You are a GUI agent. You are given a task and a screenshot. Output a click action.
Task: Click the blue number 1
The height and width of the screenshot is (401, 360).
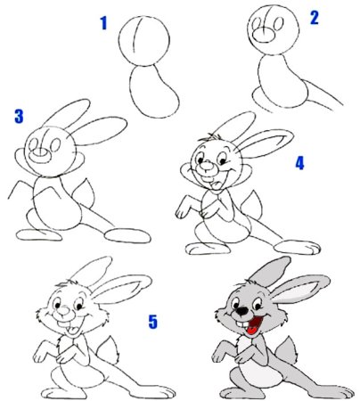(103, 23)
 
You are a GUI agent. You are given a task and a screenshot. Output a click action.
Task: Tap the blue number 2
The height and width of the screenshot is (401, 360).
(315, 18)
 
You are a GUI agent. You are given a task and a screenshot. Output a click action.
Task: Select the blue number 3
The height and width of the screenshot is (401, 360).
(19, 116)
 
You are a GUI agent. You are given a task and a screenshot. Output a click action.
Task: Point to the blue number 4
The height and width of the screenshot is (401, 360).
(299, 163)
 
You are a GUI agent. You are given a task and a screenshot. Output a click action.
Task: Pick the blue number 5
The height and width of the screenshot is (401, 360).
(152, 322)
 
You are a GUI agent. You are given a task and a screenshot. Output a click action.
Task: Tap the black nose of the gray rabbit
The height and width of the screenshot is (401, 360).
(242, 311)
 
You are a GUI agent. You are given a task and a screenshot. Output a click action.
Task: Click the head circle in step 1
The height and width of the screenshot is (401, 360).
(144, 41)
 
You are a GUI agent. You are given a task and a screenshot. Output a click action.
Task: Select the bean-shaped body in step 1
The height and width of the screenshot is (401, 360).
(154, 92)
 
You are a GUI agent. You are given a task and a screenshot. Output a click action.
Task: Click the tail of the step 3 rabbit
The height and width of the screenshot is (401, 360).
(85, 192)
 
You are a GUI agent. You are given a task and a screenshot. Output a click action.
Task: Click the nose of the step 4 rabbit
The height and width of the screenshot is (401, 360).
(209, 168)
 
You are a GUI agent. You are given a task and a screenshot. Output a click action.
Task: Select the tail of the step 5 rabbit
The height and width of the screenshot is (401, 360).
(110, 349)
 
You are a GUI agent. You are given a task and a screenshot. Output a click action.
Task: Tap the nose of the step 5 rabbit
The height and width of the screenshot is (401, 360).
(63, 311)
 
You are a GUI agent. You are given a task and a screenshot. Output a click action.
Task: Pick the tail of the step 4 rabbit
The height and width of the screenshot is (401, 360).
(253, 205)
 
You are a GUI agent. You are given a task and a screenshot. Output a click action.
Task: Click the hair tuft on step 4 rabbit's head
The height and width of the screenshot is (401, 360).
(209, 137)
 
